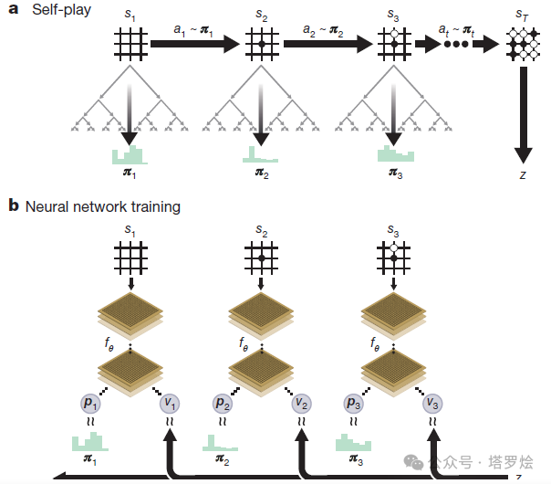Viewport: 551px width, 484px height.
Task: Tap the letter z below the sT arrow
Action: [524, 173]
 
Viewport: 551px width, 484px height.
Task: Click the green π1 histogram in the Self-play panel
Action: [130, 154]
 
